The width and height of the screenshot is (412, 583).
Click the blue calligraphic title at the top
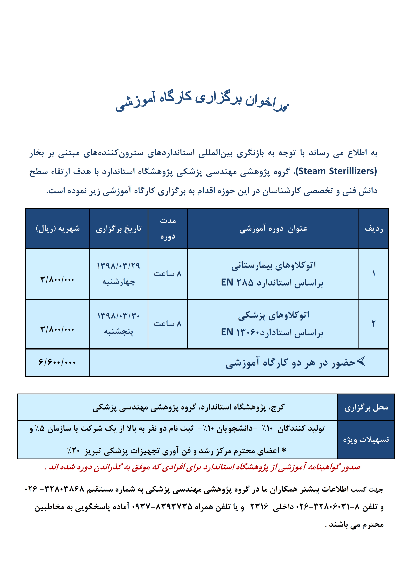pos(202,101)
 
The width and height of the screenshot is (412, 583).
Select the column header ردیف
pos(373,229)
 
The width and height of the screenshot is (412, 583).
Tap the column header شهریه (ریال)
pos(58,229)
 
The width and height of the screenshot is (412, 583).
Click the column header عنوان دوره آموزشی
pos(273,229)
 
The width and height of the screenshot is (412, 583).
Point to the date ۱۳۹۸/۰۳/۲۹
pos(118,266)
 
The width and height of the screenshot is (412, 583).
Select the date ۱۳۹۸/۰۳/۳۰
pos(118,316)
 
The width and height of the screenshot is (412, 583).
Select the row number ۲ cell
pos(373,324)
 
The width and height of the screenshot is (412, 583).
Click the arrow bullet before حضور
pos(361,361)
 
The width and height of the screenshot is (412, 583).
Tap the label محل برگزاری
pos(366,408)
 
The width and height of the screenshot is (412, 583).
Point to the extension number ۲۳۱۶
pos(259,507)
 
